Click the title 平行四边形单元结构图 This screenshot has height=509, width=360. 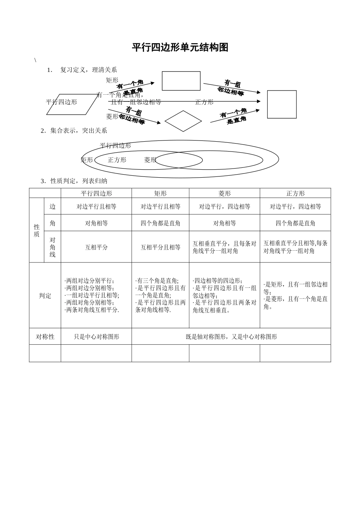[x=180, y=48]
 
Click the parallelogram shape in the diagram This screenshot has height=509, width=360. [x=72, y=105]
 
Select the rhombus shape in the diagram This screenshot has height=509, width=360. [x=183, y=121]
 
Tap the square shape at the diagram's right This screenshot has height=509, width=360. [x=282, y=105]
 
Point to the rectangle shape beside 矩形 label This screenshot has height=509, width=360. [x=181, y=81]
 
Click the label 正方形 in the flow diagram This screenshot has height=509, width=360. [x=204, y=102]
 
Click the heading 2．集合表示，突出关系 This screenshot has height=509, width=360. [x=74, y=131]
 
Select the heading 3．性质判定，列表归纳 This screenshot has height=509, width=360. [x=74, y=181]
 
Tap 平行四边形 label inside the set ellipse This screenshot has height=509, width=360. [x=115, y=145]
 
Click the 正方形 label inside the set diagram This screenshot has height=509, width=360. [x=117, y=160]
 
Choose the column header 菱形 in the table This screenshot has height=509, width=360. [x=224, y=193]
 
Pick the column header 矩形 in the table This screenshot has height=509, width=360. [x=160, y=193]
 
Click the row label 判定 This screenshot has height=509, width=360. [x=45, y=295]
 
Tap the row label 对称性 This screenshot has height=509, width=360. [x=45, y=336]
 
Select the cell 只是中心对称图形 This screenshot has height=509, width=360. [x=96, y=336]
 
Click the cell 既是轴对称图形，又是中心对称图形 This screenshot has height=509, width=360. [x=231, y=336]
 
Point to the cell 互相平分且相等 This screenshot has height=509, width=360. [x=160, y=247]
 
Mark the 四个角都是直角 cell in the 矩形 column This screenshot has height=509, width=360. [x=160, y=223]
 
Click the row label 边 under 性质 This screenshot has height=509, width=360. [x=52, y=206]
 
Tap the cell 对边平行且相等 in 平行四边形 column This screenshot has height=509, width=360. [x=96, y=206]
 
